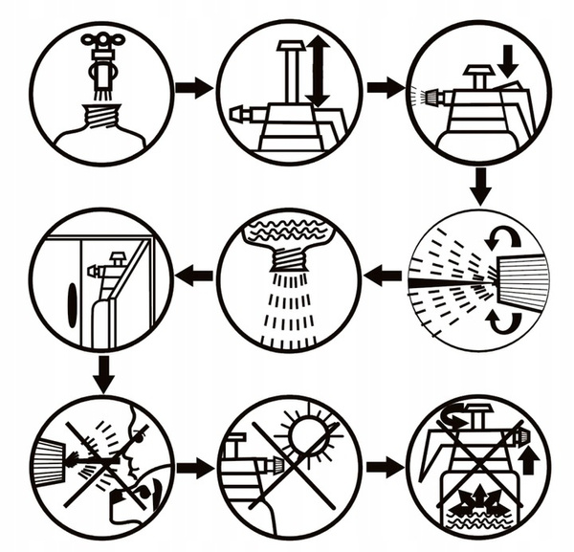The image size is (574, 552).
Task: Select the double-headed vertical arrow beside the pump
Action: (x=318, y=71)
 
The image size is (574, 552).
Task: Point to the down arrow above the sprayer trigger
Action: (x=508, y=61)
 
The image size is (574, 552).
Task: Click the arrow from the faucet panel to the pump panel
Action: (x=193, y=88)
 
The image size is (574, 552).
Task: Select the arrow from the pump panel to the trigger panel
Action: (x=385, y=88)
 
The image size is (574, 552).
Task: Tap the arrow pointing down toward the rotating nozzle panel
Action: (x=480, y=186)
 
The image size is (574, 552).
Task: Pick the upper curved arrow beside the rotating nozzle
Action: (x=503, y=236)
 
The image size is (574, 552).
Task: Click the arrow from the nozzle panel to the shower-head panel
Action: (x=385, y=276)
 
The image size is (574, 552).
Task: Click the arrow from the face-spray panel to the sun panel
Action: (x=193, y=468)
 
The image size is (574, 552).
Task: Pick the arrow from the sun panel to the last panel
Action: (x=385, y=468)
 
